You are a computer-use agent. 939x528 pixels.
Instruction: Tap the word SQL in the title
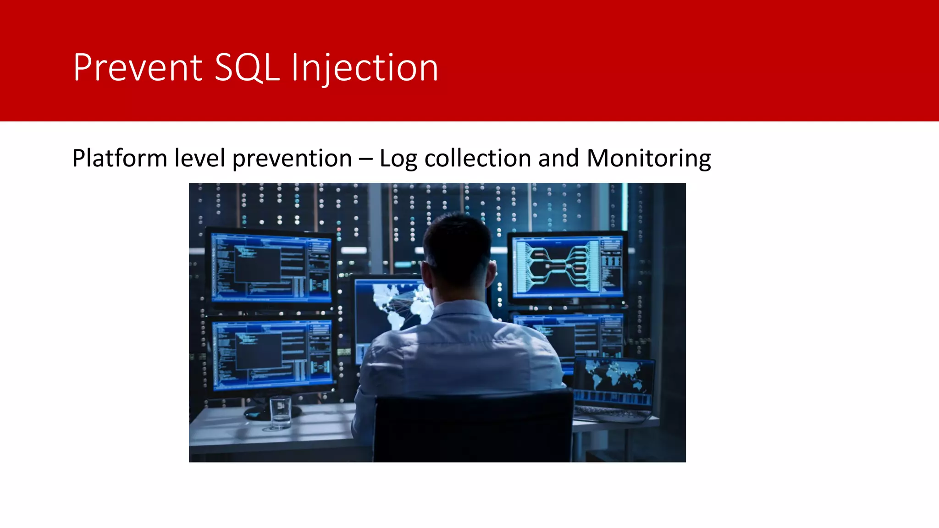[247, 68]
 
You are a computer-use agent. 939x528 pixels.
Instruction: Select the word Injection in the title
[365, 68]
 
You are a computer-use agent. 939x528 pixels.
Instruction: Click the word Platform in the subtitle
[120, 159]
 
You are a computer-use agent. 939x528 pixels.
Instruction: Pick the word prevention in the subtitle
[292, 159]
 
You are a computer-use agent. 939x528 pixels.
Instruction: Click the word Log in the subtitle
[398, 159]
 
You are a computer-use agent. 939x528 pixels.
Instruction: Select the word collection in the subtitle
[478, 159]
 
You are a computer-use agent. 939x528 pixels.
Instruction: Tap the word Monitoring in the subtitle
[649, 159]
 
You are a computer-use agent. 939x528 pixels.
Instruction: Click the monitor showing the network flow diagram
[568, 266]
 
